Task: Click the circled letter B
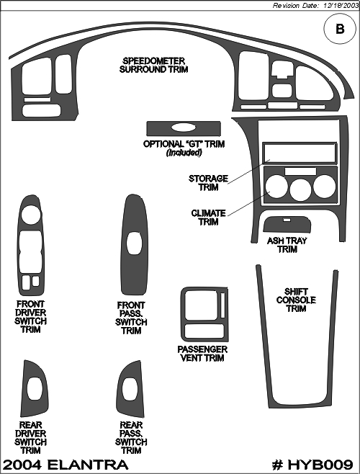[340, 29]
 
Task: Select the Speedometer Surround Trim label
[154, 65]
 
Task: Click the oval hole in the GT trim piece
[183, 128]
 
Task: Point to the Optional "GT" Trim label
[184, 148]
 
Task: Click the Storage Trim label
[208, 182]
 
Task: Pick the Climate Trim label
[209, 218]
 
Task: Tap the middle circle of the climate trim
[300, 189]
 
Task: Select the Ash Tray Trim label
[287, 245]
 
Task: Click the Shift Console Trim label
[296, 300]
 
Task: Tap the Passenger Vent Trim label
[202, 354]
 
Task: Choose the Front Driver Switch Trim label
[30, 316]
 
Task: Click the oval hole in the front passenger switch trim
[134, 243]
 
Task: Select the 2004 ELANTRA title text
[66, 465]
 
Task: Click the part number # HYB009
[312, 465]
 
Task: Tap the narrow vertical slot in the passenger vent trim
[222, 305]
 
